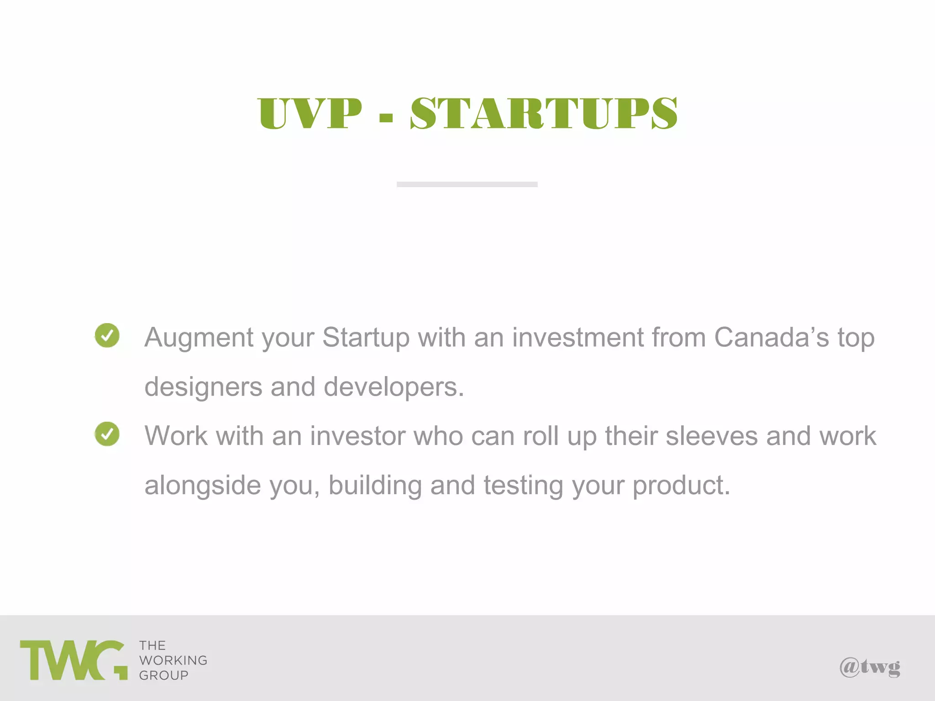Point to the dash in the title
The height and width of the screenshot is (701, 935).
click(x=386, y=117)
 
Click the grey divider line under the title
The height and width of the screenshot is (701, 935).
click(x=467, y=184)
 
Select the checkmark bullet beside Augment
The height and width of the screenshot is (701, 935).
click(x=107, y=335)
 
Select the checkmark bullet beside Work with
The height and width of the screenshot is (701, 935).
click(x=107, y=434)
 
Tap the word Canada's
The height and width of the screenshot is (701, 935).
click(x=771, y=337)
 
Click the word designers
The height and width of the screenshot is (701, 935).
click(x=203, y=387)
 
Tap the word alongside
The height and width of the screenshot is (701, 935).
click(x=203, y=485)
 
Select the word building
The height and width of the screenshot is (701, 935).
click(x=375, y=485)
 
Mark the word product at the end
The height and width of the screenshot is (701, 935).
click(x=680, y=486)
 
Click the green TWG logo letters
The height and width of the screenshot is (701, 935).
click(x=73, y=660)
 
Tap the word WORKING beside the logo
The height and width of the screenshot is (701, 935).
click(x=173, y=660)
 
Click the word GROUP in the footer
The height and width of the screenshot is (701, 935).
click(x=163, y=675)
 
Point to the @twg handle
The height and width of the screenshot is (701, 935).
click(x=870, y=667)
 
